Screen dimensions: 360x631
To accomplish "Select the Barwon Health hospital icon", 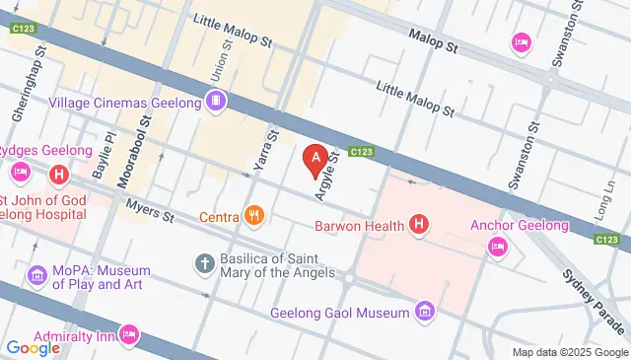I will click(x=420, y=226).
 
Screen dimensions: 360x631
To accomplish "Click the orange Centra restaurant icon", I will click(x=254, y=216).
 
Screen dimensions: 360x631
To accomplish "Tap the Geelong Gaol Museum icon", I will click(x=425, y=313).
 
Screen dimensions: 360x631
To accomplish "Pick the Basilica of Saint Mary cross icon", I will click(x=204, y=263).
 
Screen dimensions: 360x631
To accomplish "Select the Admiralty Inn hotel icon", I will click(x=129, y=335).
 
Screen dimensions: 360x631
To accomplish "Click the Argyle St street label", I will click(x=326, y=175).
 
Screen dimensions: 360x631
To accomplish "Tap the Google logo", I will click(x=33, y=346).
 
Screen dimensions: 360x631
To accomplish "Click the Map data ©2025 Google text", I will click(x=569, y=352).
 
